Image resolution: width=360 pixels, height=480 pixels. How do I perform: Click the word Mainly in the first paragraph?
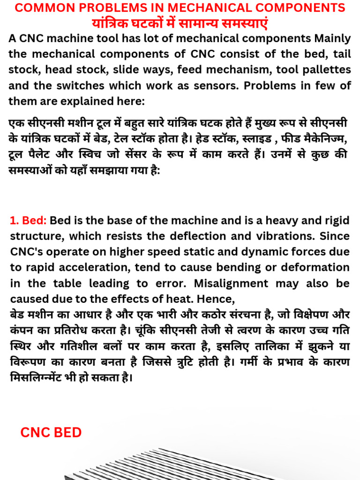331,38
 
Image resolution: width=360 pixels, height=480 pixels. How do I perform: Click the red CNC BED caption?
51,432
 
